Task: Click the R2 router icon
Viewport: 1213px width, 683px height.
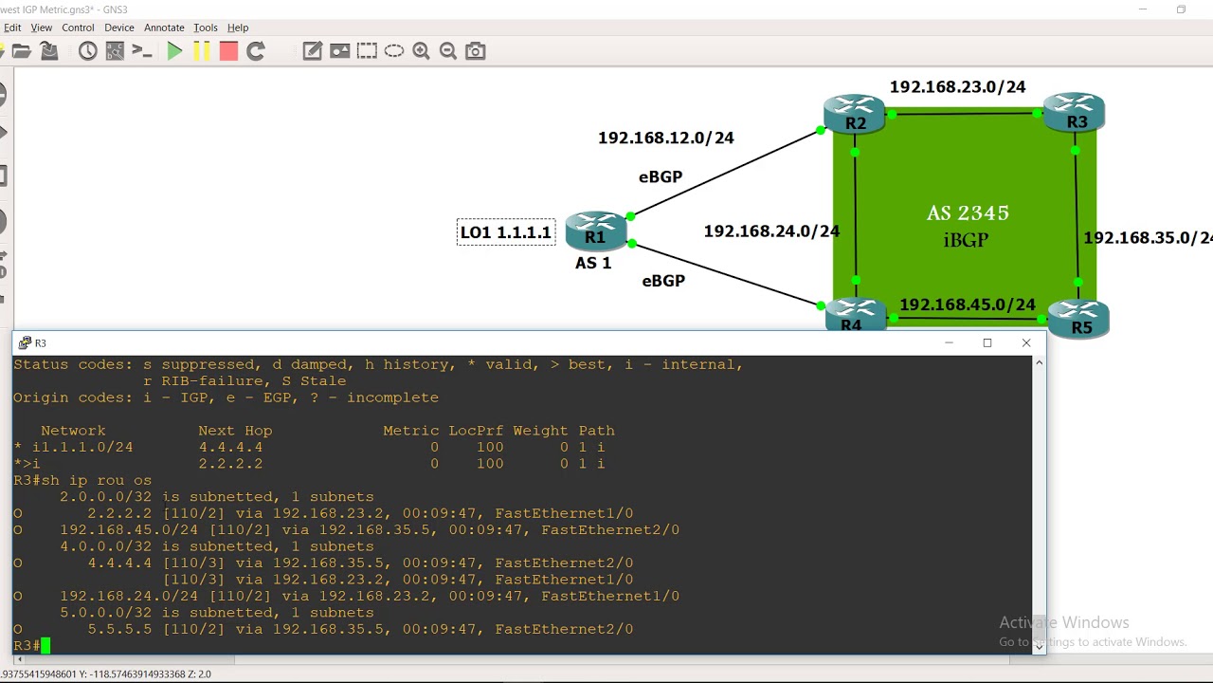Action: pyautogui.click(x=854, y=111)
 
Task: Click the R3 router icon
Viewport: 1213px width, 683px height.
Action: pyautogui.click(x=1074, y=109)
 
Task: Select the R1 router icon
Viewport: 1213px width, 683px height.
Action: pyautogui.click(x=596, y=230)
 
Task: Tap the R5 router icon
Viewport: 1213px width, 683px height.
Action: pyautogui.click(x=1078, y=317)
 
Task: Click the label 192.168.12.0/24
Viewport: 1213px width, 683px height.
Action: pyautogui.click(x=665, y=138)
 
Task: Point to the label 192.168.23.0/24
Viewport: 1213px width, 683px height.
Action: pyautogui.click(x=957, y=87)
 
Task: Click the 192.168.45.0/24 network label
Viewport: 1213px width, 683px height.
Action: pyautogui.click(x=967, y=305)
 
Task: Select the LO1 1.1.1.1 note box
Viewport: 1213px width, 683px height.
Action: pyautogui.click(x=505, y=232)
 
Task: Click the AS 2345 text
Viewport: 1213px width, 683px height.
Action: pyautogui.click(x=968, y=213)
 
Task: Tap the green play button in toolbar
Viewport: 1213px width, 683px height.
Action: pyautogui.click(x=174, y=51)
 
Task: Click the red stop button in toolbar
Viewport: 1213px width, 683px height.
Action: pyautogui.click(x=228, y=51)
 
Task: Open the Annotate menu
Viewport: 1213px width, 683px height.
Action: pyautogui.click(x=164, y=28)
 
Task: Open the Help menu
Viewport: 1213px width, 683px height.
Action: pyautogui.click(x=238, y=28)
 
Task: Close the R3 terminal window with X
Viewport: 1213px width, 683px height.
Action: pyautogui.click(x=1025, y=342)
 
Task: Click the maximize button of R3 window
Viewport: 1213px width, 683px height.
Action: pyautogui.click(x=987, y=342)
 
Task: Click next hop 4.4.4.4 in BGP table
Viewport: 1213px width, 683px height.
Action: pyautogui.click(x=230, y=447)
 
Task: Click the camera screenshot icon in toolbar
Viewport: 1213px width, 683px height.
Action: pyautogui.click(x=476, y=51)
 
